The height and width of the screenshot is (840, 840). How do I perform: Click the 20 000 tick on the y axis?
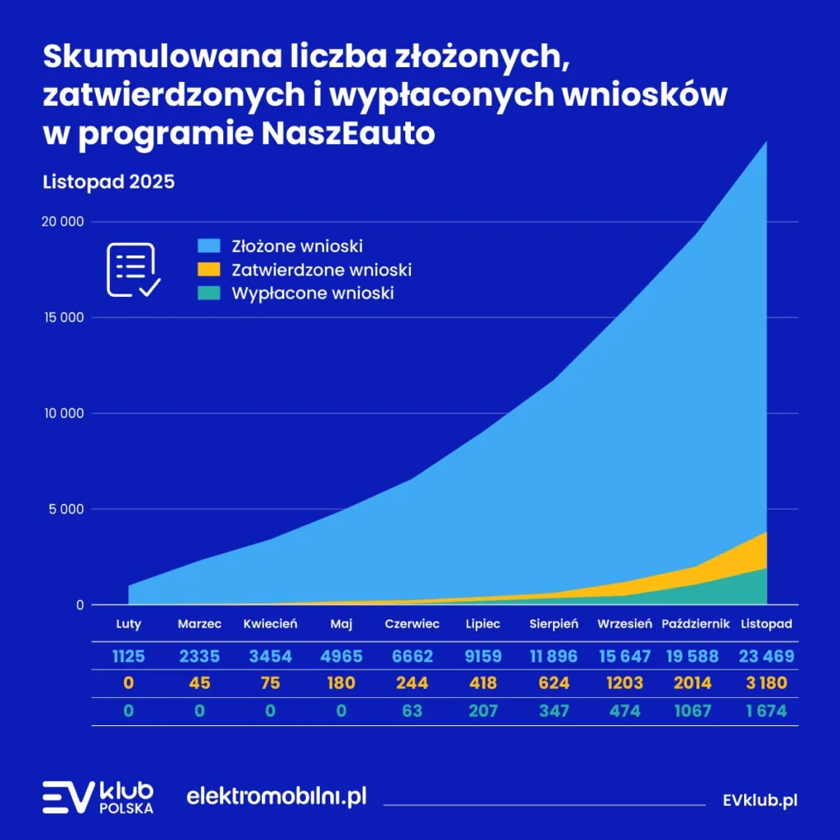pyautogui.click(x=62, y=221)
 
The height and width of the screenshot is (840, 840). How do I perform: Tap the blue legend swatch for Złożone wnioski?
pyautogui.click(x=209, y=245)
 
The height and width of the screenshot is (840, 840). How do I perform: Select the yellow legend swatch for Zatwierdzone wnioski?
pyautogui.click(x=209, y=269)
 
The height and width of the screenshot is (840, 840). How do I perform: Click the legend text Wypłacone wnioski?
pyautogui.click(x=313, y=293)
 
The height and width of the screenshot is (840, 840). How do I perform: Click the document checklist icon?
pyautogui.click(x=134, y=270)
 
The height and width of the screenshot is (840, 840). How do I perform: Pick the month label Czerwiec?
pyautogui.click(x=412, y=624)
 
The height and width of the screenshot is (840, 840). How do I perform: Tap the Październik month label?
pyautogui.click(x=696, y=624)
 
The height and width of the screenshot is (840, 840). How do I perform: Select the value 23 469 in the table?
pyautogui.click(x=766, y=656)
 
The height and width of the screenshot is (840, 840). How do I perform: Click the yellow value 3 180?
pyautogui.click(x=766, y=683)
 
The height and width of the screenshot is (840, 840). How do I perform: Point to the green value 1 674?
pyautogui.click(x=766, y=710)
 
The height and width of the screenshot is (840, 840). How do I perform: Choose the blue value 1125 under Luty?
pyautogui.click(x=129, y=656)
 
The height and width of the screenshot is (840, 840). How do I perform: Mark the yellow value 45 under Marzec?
pyautogui.click(x=199, y=683)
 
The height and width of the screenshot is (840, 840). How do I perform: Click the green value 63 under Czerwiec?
pyautogui.click(x=412, y=710)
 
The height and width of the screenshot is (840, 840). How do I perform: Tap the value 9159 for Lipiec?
pyautogui.click(x=482, y=656)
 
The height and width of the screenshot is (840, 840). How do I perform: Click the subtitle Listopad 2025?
pyautogui.click(x=108, y=181)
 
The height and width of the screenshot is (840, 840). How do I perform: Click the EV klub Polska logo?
pyautogui.click(x=98, y=797)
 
